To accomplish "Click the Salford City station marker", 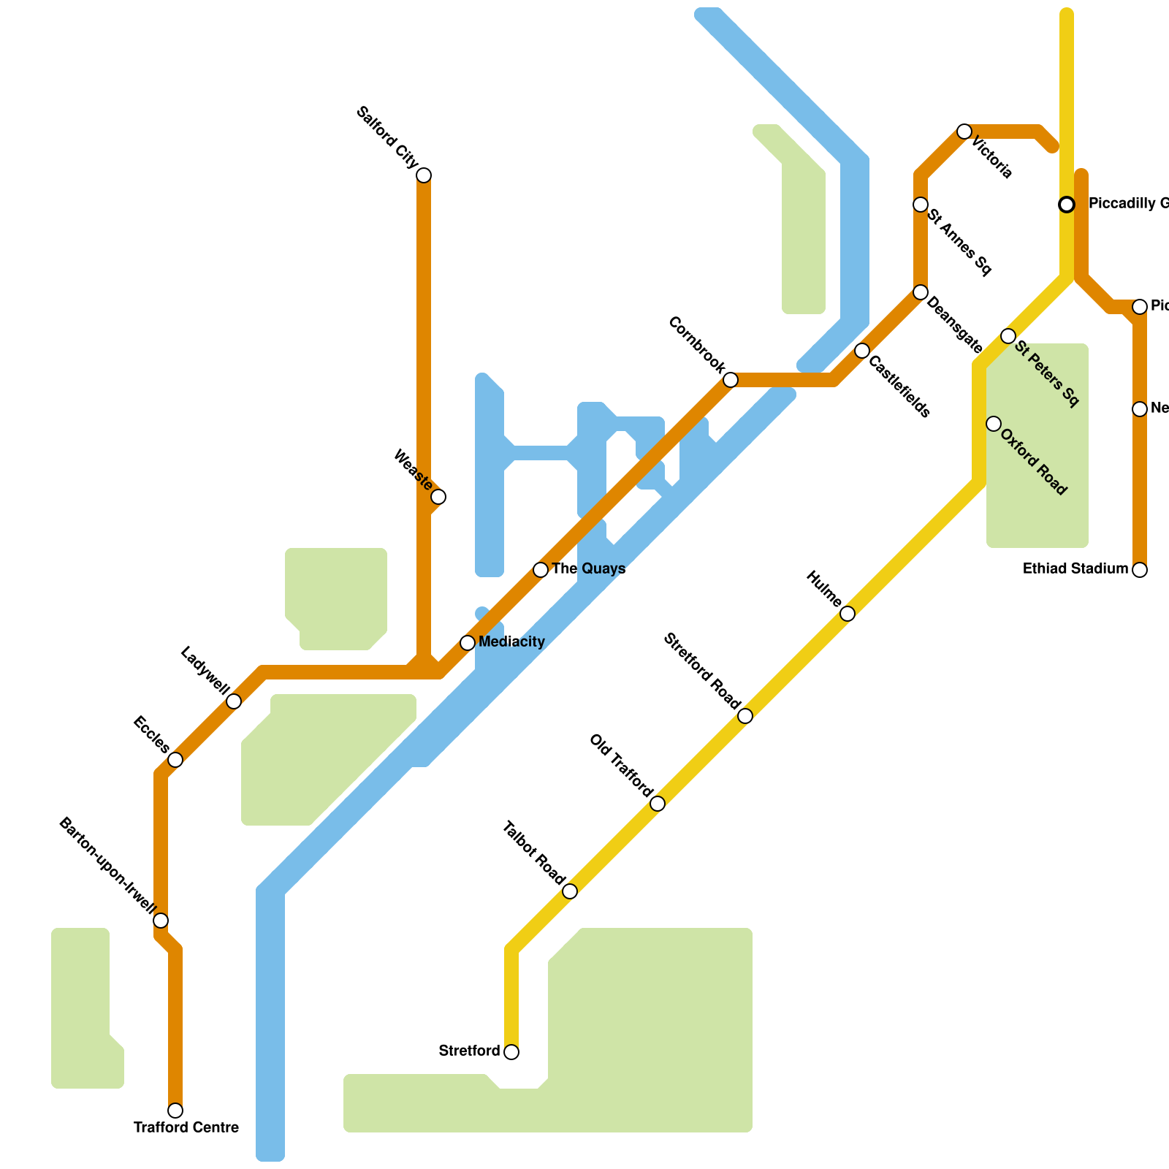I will pos(424,175).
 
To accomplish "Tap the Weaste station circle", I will pos(438,497).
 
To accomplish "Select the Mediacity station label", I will pos(511,642).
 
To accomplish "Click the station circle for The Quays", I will pos(541,570).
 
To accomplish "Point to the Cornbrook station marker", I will pos(731,380).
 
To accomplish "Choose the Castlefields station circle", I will pos(862,351).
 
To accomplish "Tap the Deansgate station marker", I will pos(921,292).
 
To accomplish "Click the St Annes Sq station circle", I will pos(921,205).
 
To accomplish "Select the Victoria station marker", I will pos(964,132).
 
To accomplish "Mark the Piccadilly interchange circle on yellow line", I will pos(1067,205).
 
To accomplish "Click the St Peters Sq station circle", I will pos(1008,336).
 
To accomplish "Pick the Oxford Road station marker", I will pos(994,424).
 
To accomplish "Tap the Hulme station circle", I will pos(848,614).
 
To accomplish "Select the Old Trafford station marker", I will pos(658,804).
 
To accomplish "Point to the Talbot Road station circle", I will pos(570,891).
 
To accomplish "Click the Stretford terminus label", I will pos(469,1051).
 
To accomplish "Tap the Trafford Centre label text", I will pos(186,1128).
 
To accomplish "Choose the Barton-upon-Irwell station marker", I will pos(161,921).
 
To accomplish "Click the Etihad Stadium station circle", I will pos(1140,570).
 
